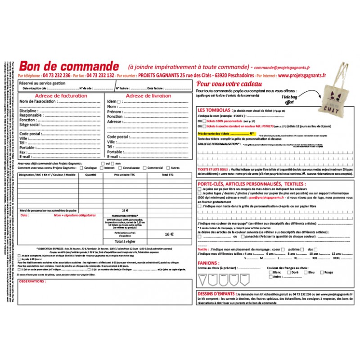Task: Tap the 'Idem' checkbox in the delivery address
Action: click(x=119, y=102)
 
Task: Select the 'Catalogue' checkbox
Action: click(x=81, y=168)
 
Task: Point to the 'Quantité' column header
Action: click(x=91, y=174)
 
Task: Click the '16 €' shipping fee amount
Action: click(x=169, y=234)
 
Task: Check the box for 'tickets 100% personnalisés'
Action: click(x=205, y=121)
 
